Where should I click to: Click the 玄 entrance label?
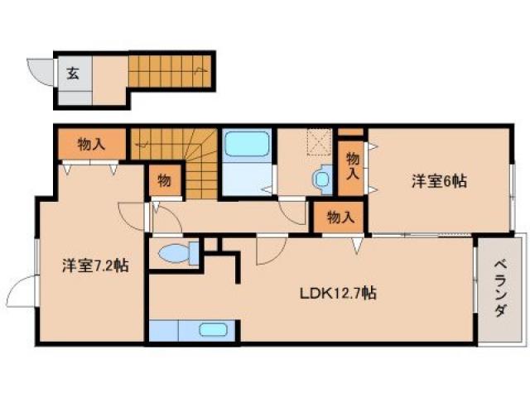[73, 73]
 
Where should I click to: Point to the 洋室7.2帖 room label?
[94, 266]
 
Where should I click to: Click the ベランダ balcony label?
[500, 289]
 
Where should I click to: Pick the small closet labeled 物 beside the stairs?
[164, 181]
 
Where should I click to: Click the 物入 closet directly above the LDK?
[340, 218]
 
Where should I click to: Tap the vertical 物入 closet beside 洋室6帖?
[352, 166]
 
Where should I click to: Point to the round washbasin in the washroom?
[320, 177]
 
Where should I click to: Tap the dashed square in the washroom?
[318, 143]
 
